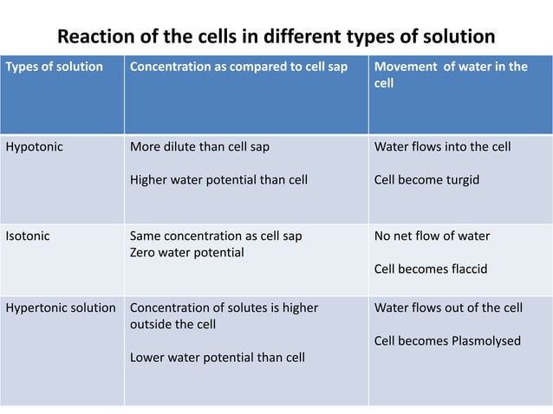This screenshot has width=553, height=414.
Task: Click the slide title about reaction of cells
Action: coord(276,38)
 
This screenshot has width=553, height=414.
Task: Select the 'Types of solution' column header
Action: coord(55,67)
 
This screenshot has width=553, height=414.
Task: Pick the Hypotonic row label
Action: coord(34,146)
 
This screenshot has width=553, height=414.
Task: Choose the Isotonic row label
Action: coord(28,236)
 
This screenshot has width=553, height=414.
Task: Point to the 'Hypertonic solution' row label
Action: coord(61,307)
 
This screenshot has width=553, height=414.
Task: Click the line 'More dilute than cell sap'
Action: coord(199,146)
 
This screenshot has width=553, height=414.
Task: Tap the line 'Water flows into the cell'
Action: coord(442,146)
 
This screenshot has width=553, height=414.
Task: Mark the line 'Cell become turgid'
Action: coord(426,180)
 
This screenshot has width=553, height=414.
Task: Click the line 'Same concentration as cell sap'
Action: coord(216,236)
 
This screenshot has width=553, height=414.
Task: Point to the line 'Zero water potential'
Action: coord(186,252)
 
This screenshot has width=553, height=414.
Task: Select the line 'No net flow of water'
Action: coord(432,236)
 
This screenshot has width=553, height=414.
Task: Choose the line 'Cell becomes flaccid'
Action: coord(430,269)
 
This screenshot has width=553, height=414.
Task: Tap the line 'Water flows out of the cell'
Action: coord(448,307)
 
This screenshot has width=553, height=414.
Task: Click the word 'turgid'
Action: coord(460,180)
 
